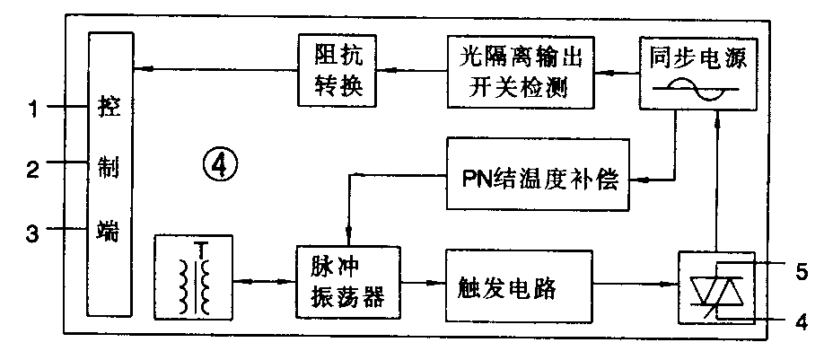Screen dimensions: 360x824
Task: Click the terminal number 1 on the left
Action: [x=31, y=110]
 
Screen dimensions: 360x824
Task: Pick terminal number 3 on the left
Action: [x=31, y=234]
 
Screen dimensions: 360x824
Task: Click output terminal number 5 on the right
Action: [x=802, y=268]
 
